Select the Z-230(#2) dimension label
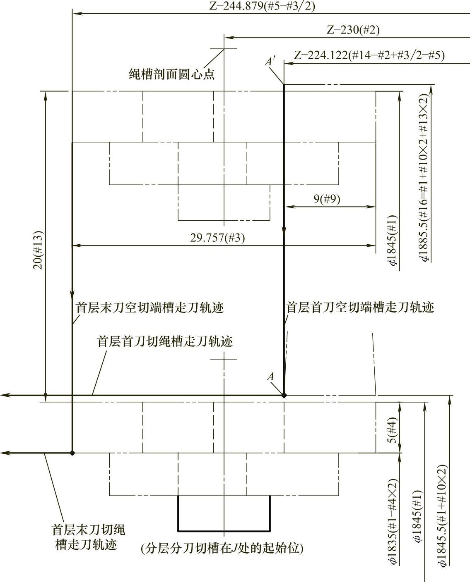tap(353, 30)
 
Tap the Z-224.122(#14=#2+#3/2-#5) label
tap(369, 55)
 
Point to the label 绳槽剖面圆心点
tap(172, 74)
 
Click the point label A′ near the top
tap(270, 62)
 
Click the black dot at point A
tap(284, 396)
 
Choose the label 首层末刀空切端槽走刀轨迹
tap(149, 308)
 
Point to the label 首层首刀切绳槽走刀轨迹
tap(165, 341)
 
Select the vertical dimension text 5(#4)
tap(394, 432)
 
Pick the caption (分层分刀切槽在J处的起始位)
tap(222, 549)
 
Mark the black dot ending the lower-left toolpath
tap(72, 453)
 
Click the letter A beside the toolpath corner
tap(270, 377)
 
